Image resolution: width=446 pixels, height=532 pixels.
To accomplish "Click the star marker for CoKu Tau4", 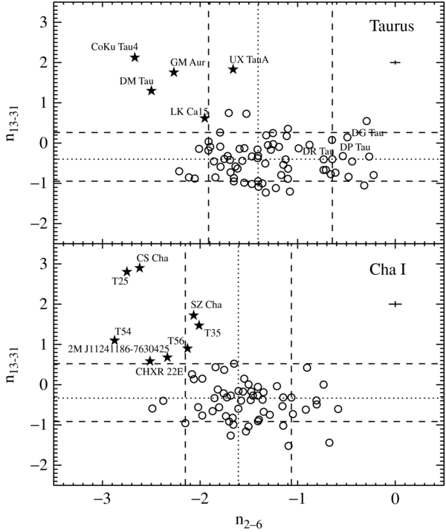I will coord(135,57).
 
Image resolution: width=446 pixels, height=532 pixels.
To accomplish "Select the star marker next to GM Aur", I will coord(173,72).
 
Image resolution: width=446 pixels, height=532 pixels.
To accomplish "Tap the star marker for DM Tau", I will coord(151,91).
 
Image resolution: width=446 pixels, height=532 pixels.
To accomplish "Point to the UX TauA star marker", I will coord(233,69).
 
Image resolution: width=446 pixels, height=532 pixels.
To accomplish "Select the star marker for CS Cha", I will coord(139,267).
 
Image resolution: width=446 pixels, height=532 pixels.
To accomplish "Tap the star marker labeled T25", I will coord(126,272).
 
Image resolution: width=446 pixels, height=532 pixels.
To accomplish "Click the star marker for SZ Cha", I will coord(194,315).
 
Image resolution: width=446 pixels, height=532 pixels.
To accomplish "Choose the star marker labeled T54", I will coord(114,340).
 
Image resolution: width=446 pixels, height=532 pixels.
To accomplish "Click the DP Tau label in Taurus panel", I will coord(355,147).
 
